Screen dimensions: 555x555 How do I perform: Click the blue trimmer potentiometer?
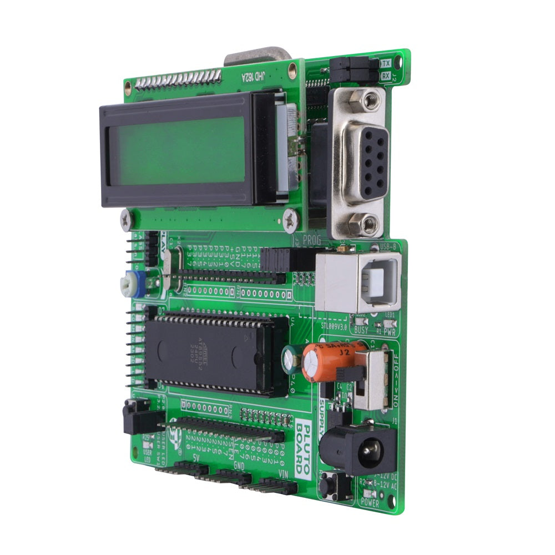coord(132,284)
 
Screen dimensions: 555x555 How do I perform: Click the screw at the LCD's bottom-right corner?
coord(290,221)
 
